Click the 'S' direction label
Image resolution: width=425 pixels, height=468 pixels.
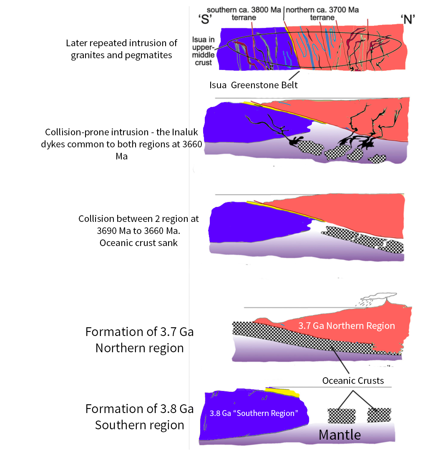tap(205, 20)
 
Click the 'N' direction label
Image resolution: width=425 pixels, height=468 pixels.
tap(407, 20)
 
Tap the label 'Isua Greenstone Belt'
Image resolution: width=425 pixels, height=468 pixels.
tap(254, 85)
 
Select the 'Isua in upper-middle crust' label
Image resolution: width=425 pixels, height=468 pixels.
tap(203, 51)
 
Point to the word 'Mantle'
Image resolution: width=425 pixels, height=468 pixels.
tap(339, 435)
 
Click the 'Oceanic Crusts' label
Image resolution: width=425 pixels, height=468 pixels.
tap(353, 381)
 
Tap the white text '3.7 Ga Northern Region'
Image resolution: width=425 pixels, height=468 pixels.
tap(347, 326)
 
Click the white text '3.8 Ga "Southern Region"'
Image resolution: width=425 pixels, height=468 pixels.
tap(254, 413)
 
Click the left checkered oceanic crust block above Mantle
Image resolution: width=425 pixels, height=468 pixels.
tap(342, 416)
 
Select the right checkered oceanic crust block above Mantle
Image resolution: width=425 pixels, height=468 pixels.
tap(379, 415)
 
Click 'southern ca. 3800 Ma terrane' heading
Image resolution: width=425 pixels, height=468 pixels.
tap(244, 14)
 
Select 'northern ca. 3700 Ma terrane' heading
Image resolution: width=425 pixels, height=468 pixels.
tap(322, 14)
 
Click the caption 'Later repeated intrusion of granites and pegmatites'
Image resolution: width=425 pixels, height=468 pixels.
tap(121, 49)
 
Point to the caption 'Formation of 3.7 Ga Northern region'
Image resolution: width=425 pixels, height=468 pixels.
tap(139, 340)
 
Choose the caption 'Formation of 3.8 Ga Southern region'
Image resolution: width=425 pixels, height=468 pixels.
tap(139, 417)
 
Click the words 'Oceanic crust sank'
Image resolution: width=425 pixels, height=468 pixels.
tap(138, 243)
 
